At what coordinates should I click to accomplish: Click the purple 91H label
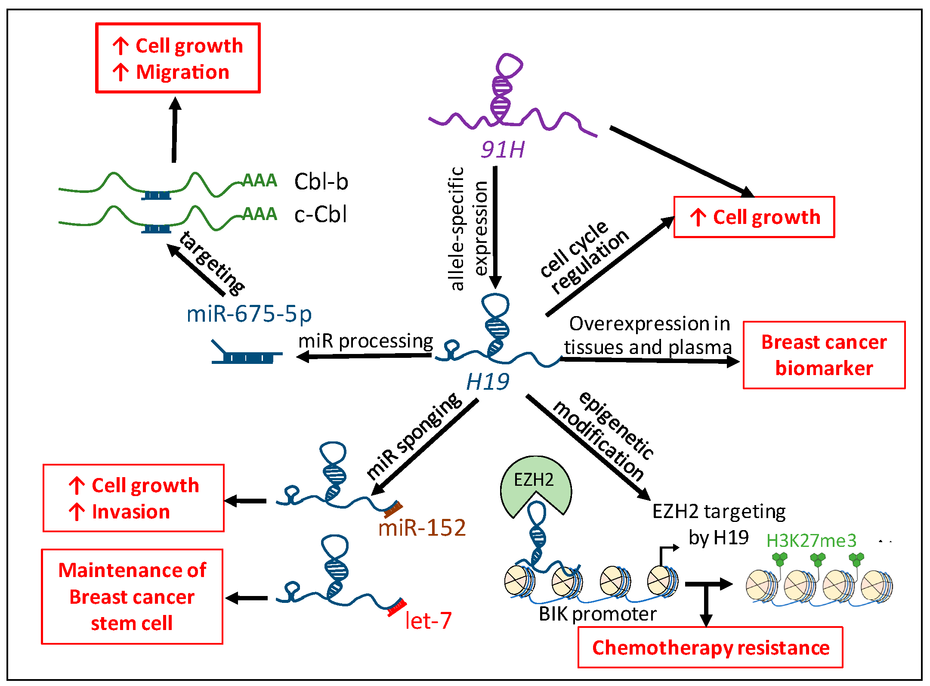503,150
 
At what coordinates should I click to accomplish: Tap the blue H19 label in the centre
488,382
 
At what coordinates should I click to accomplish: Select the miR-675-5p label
249,314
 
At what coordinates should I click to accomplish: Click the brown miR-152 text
422,528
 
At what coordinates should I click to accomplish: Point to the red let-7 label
428,621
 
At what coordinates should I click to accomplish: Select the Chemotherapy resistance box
710,647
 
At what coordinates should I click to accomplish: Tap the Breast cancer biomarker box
824,355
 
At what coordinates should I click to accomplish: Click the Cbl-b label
321,181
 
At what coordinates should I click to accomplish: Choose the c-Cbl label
321,214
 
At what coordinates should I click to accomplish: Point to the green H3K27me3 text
811,541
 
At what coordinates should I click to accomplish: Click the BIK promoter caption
598,614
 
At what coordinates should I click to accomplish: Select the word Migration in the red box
182,72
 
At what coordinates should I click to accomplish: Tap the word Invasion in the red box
131,512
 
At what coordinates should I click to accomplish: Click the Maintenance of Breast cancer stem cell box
132,596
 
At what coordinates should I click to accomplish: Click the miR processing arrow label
366,341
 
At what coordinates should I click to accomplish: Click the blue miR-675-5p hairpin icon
247,353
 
